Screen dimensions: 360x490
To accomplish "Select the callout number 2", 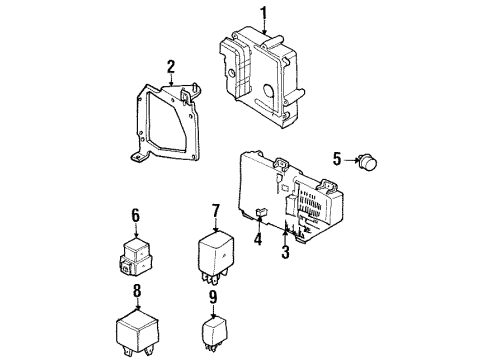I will pos(171,67).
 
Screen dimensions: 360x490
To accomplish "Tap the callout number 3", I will pos(285,252).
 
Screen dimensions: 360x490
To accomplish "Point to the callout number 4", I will pos(257,239).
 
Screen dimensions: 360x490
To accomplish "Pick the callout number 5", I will pos(337,157).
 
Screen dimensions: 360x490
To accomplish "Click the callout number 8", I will pos(137,294).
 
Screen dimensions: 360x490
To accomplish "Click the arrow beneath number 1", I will pos(264,29).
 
